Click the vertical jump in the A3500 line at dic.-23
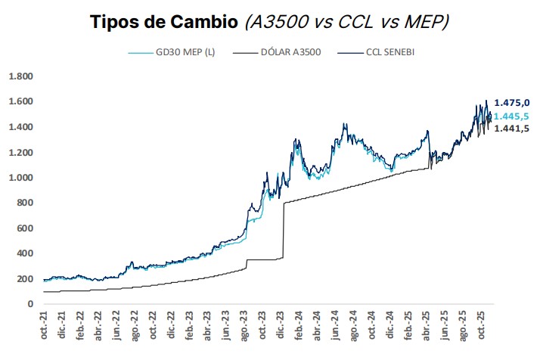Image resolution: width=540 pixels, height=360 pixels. click(283, 231)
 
